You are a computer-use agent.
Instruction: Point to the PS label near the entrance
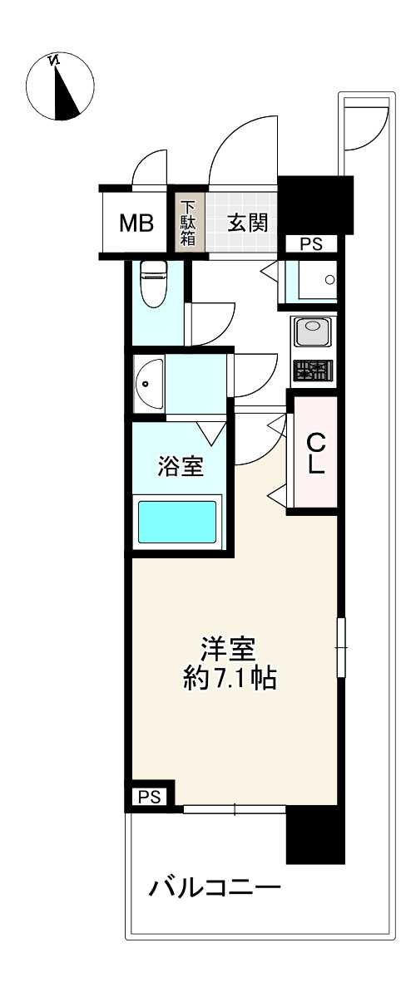pos(311,244)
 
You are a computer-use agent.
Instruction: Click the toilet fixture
pos(153,283)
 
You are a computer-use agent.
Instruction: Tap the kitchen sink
pos(313,333)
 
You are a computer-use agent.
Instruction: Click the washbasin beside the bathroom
pos(149,383)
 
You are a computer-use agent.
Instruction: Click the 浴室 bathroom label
pos(181,467)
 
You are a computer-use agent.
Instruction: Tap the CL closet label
pos(315,453)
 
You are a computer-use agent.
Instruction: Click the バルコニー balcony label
pos(215,890)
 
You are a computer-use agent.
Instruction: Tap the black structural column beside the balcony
pos(314,835)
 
